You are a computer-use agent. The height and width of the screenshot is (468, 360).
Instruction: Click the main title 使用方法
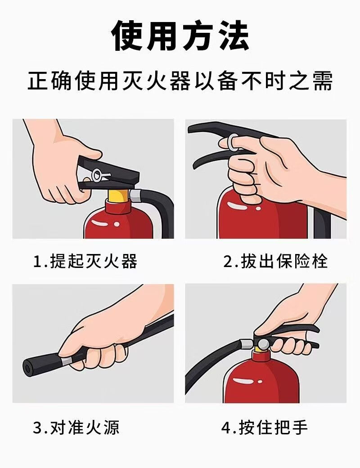click(x=180, y=36)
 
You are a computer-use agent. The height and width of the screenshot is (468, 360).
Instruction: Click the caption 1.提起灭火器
click(x=85, y=262)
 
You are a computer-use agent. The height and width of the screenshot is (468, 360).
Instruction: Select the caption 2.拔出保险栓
click(x=275, y=262)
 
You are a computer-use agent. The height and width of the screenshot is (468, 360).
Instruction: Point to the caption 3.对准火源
click(x=76, y=428)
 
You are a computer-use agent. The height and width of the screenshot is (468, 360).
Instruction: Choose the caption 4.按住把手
click(x=265, y=428)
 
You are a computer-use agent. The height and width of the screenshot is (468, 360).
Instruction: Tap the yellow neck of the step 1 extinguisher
click(x=119, y=196)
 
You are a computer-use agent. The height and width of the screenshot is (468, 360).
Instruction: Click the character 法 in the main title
click(x=234, y=36)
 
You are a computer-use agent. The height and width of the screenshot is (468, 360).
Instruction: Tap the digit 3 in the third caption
click(x=38, y=428)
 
